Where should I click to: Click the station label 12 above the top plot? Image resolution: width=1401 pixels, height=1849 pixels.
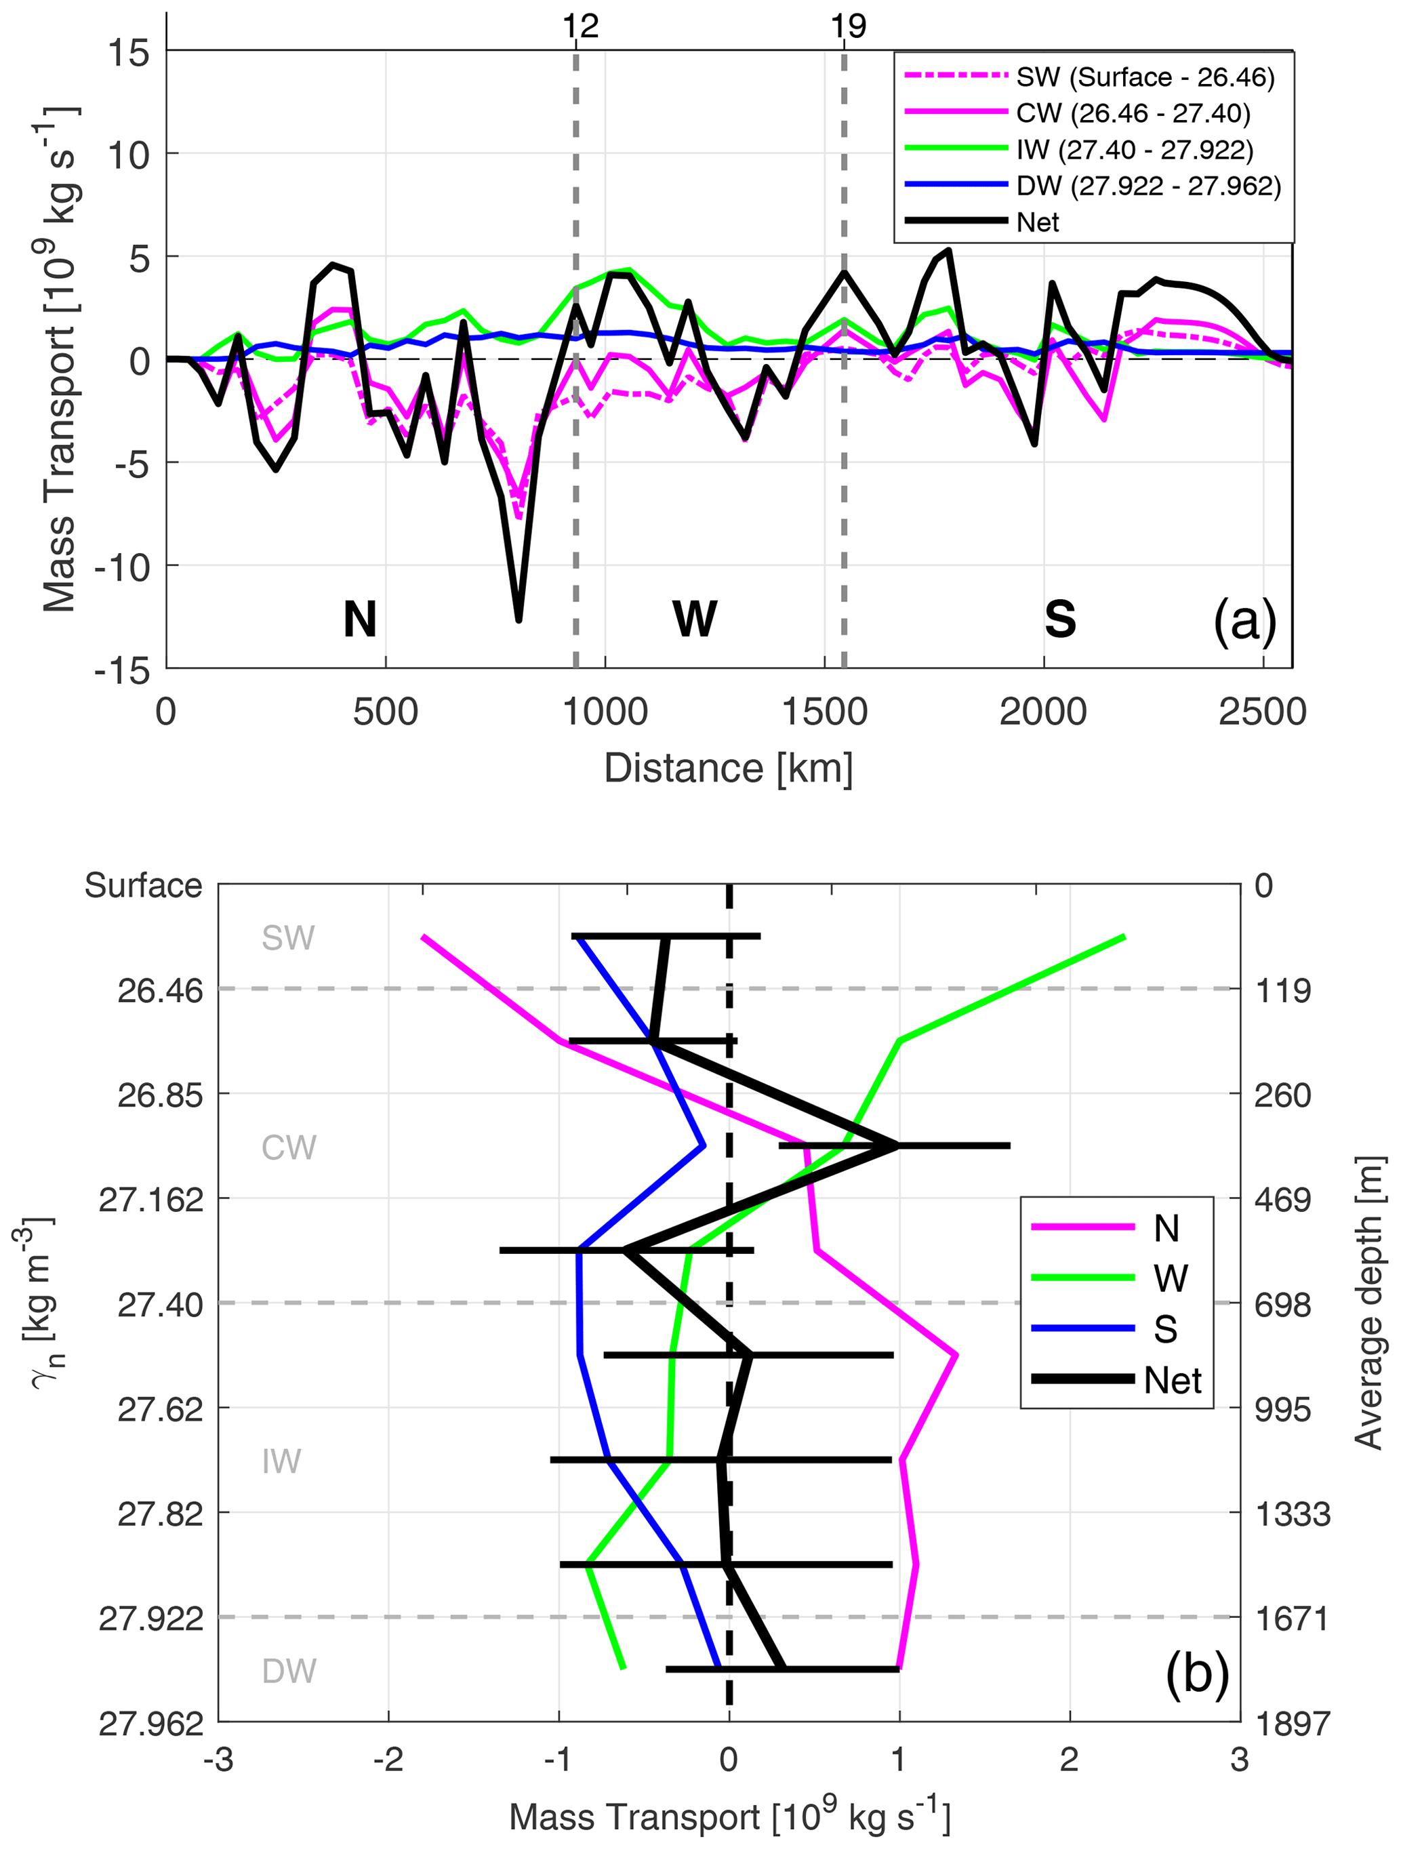(580, 26)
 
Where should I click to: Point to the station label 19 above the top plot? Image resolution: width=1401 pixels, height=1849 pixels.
(848, 26)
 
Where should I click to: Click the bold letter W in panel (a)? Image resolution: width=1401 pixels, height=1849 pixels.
(694, 619)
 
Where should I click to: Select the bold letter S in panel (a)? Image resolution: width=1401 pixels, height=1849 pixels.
(1060, 619)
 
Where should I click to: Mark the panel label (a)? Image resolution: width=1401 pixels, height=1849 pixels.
(1244, 621)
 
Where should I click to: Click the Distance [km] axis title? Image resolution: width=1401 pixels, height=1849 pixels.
(728, 768)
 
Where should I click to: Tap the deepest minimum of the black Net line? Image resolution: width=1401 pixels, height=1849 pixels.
(519, 619)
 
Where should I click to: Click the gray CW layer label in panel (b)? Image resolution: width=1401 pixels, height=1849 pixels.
(288, 1149)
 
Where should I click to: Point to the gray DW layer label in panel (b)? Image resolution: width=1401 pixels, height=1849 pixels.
(288, 1671)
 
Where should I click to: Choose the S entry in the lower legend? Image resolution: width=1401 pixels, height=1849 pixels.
(1165, 1330)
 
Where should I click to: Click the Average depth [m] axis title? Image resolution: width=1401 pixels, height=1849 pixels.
(1369, 1303)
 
